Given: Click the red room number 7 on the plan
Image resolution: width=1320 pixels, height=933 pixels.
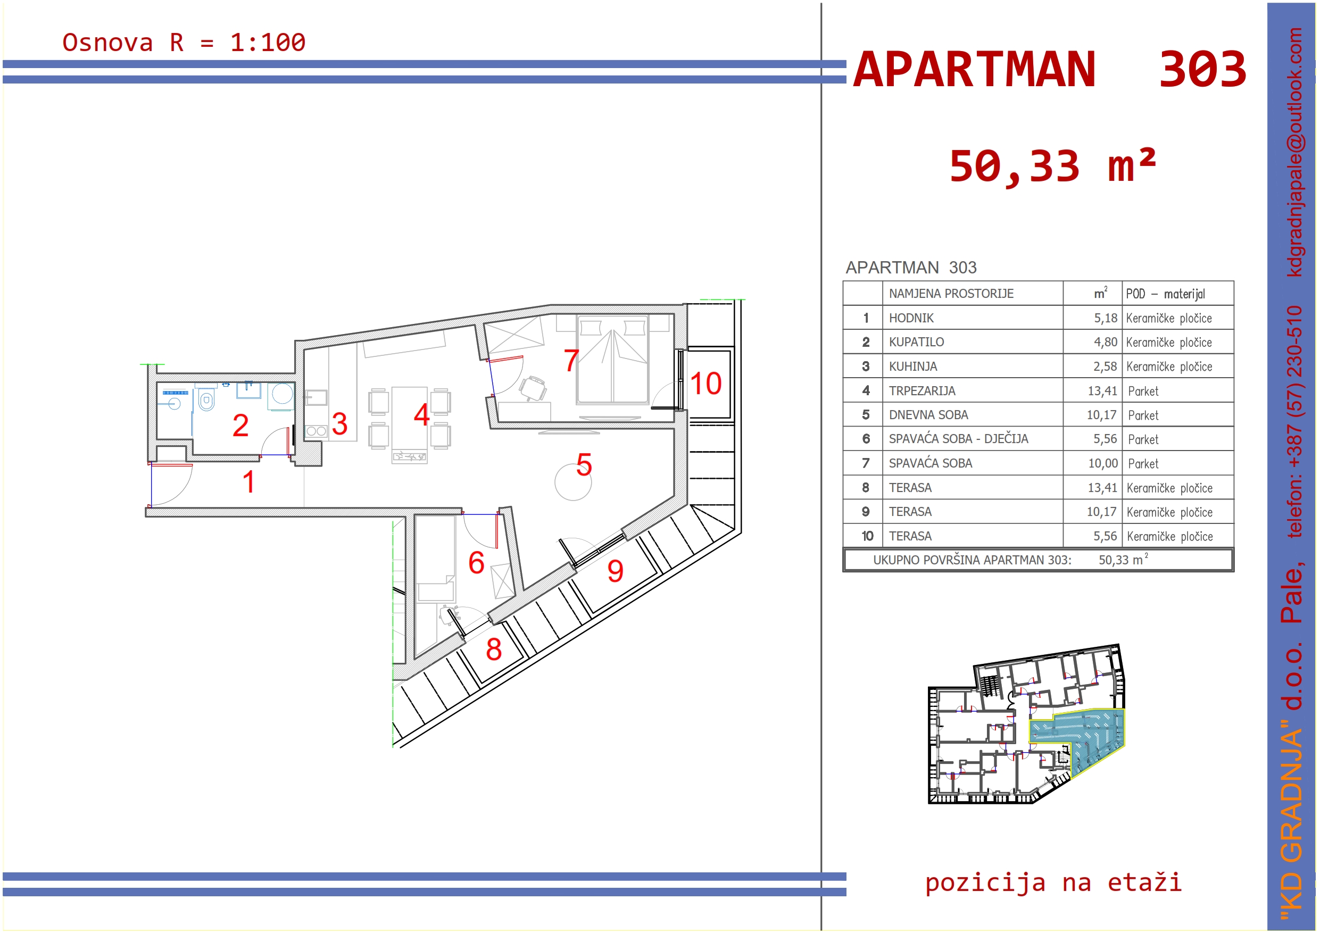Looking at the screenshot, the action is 570,361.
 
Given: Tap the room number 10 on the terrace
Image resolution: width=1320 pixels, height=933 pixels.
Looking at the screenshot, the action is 705,384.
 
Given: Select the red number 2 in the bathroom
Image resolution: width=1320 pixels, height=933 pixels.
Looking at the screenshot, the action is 240,426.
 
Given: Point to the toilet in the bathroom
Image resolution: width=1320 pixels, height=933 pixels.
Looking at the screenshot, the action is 206,398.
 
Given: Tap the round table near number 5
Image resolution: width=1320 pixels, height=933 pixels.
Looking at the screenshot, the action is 572,482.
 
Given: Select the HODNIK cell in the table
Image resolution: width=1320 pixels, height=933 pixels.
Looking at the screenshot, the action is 911,318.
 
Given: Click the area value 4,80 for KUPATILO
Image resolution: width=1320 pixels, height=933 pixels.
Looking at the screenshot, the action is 1105,343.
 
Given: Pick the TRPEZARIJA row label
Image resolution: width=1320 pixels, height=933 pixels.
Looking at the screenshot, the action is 921,391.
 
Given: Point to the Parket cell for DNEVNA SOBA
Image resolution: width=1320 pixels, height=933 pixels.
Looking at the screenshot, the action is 1143,415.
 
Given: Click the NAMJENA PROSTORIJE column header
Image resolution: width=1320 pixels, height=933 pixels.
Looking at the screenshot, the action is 951,294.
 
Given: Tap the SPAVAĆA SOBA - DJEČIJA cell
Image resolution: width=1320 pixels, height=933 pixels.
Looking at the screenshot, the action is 958,439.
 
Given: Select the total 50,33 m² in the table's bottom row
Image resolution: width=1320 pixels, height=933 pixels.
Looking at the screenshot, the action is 1123,560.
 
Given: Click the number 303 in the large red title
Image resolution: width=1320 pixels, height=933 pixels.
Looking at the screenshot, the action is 1202,70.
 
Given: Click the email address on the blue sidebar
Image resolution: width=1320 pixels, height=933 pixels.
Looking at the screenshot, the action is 1293,152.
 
